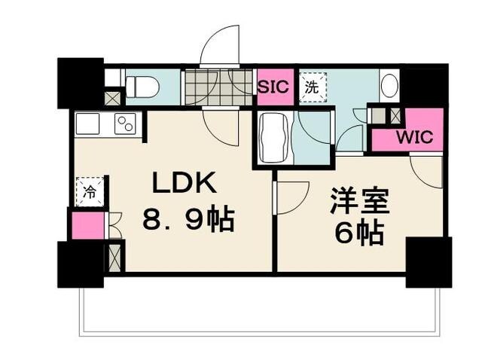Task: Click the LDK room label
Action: coord(185,183)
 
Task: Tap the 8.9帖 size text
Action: coord(188,220)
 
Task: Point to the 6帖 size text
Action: coord(360,233)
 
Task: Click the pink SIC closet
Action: coord(273,86)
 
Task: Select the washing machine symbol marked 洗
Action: coord(312,86)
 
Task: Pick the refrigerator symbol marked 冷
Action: coord(89,191)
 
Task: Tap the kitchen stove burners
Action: coord(125,124)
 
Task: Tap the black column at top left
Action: coord(79,81)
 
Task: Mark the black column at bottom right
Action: coord(428,261)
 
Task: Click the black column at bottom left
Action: coord(78,264)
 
